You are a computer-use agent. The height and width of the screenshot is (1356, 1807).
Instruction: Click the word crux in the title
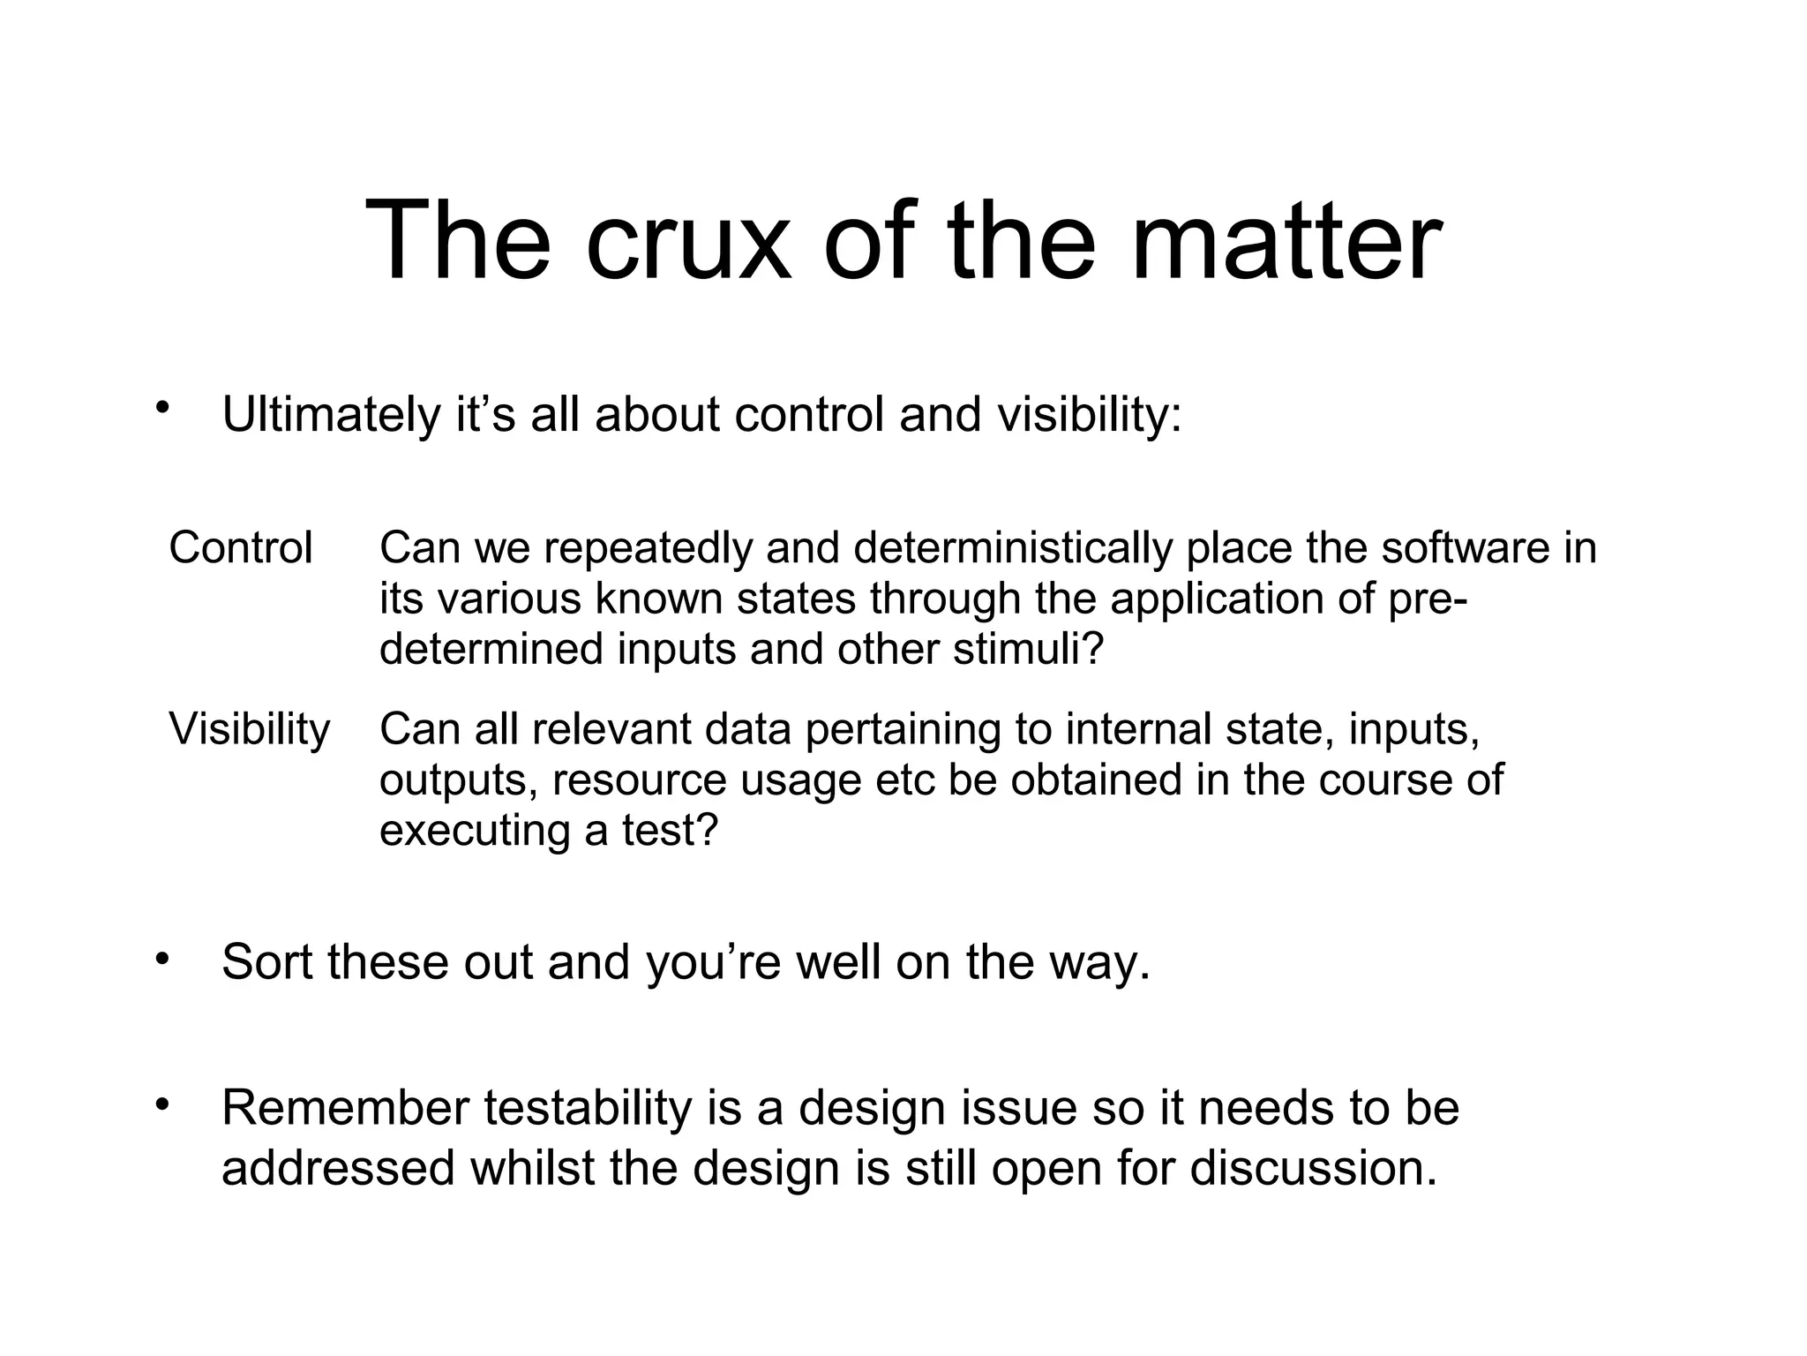(687, 241)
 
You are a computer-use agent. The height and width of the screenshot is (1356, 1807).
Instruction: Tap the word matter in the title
(1286, 241)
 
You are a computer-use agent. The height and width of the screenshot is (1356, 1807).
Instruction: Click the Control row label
(241, 548)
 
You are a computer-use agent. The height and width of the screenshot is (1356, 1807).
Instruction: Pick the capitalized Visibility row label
(250, 730)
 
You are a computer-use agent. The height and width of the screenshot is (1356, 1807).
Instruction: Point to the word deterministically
(1013, 548)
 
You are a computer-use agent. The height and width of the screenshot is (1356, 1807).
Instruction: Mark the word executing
(474, 831)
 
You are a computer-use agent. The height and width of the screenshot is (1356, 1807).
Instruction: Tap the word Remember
(345, 1109)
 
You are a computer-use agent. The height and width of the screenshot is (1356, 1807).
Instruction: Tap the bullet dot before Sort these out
(161, 957)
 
